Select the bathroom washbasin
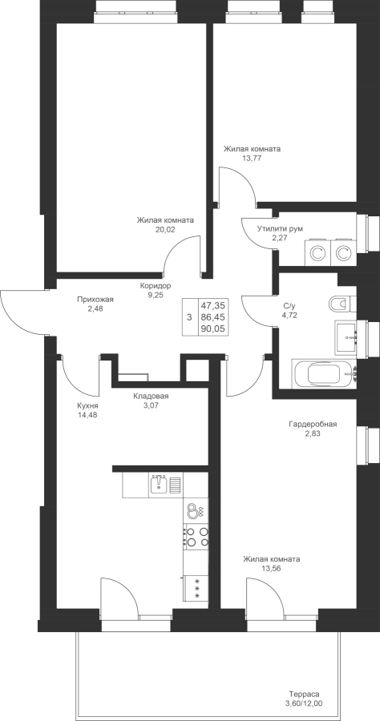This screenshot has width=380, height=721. [x=346, y=337]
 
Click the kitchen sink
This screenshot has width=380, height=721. [x=160, y=485]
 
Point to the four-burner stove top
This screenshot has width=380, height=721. [x=196, y=536]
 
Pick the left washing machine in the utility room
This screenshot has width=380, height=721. [x=316, y=252]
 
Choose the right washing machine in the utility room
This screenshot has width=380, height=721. [x=342, y=252]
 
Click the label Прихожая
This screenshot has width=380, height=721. [x=95, y=300]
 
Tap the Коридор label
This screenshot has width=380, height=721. [x=156, y=285]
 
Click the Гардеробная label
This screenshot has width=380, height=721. [x=313, y=424]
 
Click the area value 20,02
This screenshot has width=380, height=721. [x=165, y=228]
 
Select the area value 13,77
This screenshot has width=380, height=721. [x=252, y=157]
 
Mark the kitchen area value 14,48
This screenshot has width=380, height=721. [x=87, y=415]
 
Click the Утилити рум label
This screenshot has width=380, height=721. [x=280, y=228]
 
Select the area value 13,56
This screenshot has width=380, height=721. [x=272, y=568]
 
